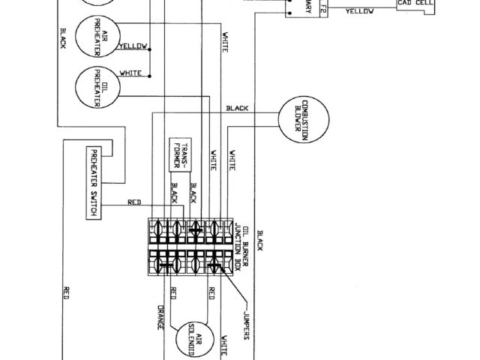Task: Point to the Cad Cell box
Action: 417,4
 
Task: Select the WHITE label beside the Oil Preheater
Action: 131,73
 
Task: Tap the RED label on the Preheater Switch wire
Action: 134,202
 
